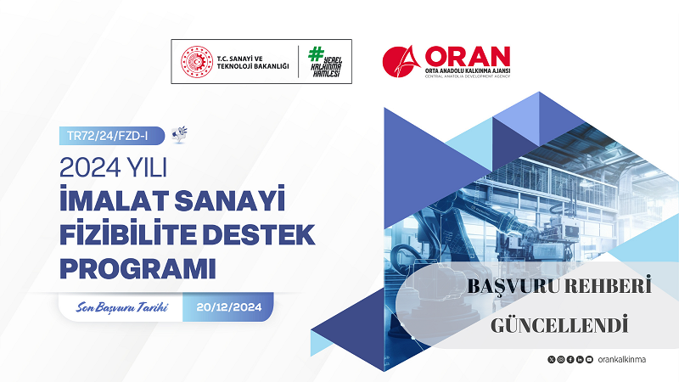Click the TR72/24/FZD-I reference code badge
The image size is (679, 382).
109,134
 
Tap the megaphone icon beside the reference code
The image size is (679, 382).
179,133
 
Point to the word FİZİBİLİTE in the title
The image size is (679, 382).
128,233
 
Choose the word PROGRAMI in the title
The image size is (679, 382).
137,266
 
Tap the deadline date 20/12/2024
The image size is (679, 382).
228,307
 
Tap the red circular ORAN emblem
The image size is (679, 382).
401,61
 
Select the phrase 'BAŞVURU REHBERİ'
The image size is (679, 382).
559,288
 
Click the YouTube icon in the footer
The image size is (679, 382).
588,360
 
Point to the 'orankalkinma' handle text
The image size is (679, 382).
621,360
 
